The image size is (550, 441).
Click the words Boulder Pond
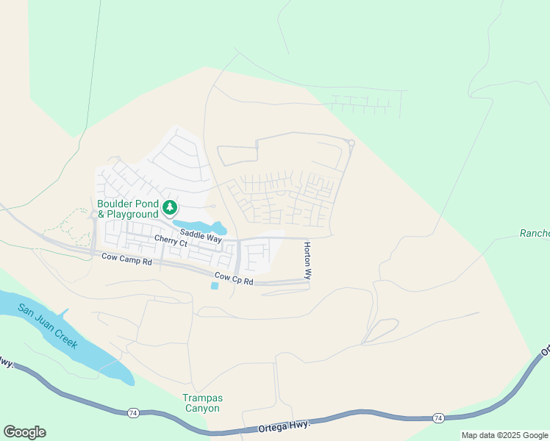tap(127, 204)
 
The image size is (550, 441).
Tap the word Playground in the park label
tap(133, 215)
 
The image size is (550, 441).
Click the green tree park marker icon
tap(170, 208)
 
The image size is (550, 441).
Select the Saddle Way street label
tap(201, 236)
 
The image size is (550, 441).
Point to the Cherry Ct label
tap(171, 240)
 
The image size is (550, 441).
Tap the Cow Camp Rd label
tap(126, 259)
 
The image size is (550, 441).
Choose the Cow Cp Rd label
tap(234, 279)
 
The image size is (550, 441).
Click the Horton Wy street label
tap(307, 261)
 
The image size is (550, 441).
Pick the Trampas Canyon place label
tap(202, 403)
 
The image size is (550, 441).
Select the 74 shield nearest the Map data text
tap(438, 417)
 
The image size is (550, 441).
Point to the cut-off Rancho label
tap(535, 234)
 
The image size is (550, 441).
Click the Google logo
tap(24, 432)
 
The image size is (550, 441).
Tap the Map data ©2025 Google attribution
tap(504, 435)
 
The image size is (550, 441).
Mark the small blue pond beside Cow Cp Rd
tap(214, 286)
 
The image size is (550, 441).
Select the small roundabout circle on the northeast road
tap(351, 143)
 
